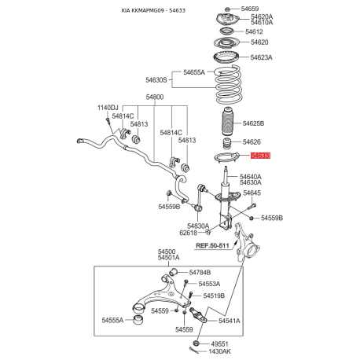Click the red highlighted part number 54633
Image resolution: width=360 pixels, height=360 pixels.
[260, 156]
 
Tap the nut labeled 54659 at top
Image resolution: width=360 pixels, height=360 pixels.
[227, 9]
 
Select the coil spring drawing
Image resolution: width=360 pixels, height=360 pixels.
[228, 84]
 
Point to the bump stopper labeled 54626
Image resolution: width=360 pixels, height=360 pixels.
[227, 143]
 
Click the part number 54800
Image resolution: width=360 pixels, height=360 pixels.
[155, 97]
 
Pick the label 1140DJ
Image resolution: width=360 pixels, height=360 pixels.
[108, 108]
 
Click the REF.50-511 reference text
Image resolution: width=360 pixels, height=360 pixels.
[212, 245]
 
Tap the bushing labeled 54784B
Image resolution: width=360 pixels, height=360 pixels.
[173, 272]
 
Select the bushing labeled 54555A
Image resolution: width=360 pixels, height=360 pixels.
[138, 320]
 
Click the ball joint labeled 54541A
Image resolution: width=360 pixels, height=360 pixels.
[198, 315]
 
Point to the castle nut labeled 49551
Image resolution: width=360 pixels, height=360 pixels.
[196, 343]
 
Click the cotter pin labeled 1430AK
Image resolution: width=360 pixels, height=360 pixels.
[194, 351]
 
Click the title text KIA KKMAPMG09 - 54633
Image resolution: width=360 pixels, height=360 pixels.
[153, 10]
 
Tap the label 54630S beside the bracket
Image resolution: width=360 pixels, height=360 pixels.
[156, 80]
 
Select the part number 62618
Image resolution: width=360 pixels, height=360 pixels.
[188, 233]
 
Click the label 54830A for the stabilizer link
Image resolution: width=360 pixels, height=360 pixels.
[198, 226]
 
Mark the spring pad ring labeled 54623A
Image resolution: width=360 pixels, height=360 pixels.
[226, 58]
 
